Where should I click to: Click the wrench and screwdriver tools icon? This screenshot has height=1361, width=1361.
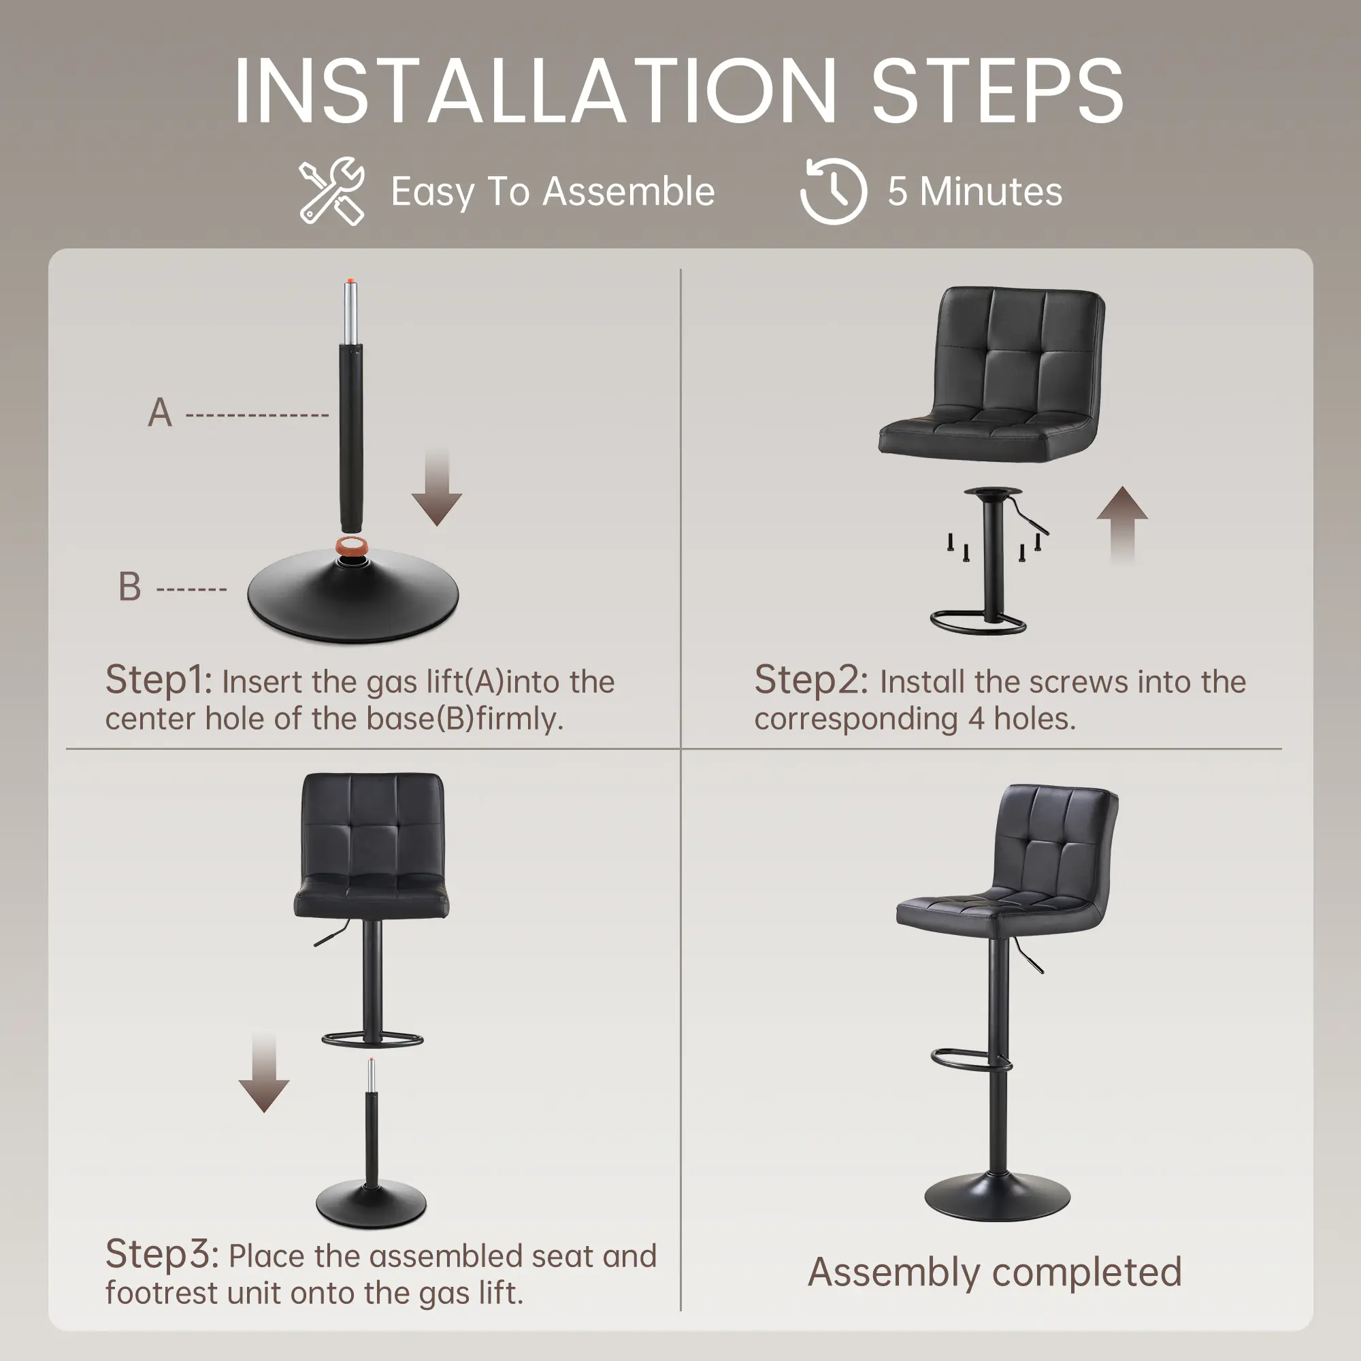331,191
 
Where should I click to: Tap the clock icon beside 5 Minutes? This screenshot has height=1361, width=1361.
834,191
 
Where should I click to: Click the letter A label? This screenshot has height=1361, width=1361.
160,413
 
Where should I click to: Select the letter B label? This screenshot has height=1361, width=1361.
129,587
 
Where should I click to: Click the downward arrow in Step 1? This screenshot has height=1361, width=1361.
437,486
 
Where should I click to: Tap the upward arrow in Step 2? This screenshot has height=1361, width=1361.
1122,525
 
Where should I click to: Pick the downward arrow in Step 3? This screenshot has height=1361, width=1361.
264,1072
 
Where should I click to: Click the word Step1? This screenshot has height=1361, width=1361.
159,680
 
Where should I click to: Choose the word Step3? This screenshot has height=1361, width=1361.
162,1255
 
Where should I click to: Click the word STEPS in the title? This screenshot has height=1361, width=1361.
997,92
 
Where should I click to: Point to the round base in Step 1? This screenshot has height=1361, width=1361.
352,597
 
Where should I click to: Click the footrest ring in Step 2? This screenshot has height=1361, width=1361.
978,624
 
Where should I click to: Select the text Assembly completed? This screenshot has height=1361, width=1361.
995,1273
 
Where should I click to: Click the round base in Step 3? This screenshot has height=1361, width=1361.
372,1204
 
